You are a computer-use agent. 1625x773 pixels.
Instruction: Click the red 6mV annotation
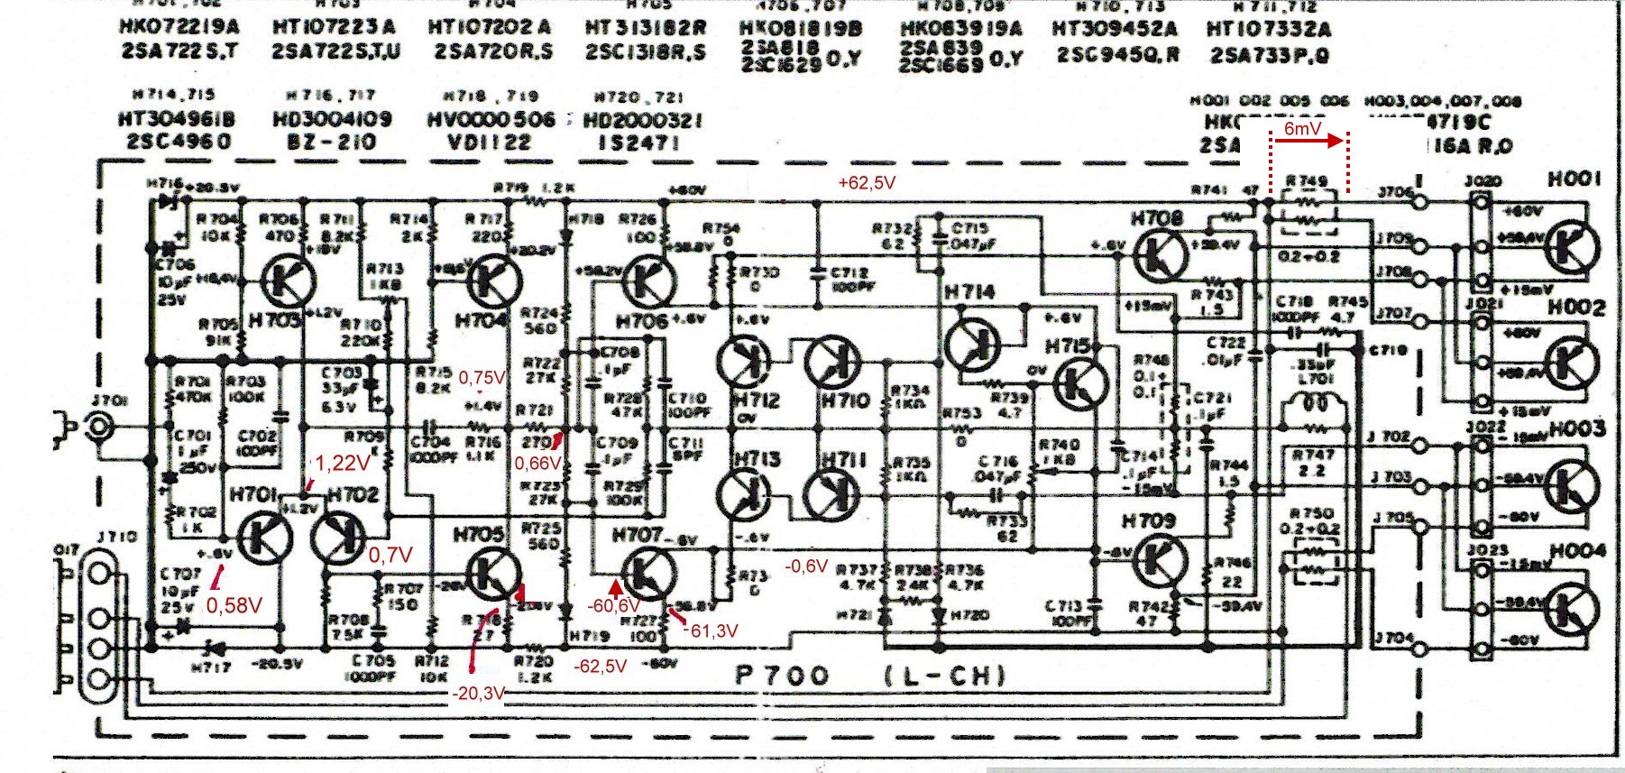point(1302,129)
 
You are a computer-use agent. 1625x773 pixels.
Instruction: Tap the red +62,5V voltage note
point(866,182)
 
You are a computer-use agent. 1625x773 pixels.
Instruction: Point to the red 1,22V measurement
point(342,463)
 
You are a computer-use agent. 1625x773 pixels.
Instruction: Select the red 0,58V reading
point(234,605)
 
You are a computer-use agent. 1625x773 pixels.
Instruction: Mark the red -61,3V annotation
point(712,630)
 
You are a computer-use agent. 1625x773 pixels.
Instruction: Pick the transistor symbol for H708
point(1161,254)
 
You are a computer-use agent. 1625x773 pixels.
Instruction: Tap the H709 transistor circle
point(1157,559)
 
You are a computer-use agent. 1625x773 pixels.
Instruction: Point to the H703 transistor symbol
point(289,282)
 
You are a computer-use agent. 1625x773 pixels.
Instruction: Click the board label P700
point(782,676)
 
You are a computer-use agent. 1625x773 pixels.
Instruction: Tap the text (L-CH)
point(944,676)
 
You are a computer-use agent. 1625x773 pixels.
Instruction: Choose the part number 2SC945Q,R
point(1118,54)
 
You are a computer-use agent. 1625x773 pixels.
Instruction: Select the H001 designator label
point(1575,179)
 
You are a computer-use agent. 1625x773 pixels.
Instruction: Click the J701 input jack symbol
point(97,425)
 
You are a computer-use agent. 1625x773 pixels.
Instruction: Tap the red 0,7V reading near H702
point(390,555)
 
